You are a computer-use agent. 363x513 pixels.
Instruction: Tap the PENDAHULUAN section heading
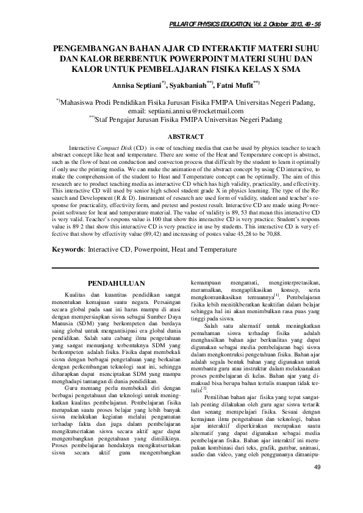(x=116, y=283)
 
